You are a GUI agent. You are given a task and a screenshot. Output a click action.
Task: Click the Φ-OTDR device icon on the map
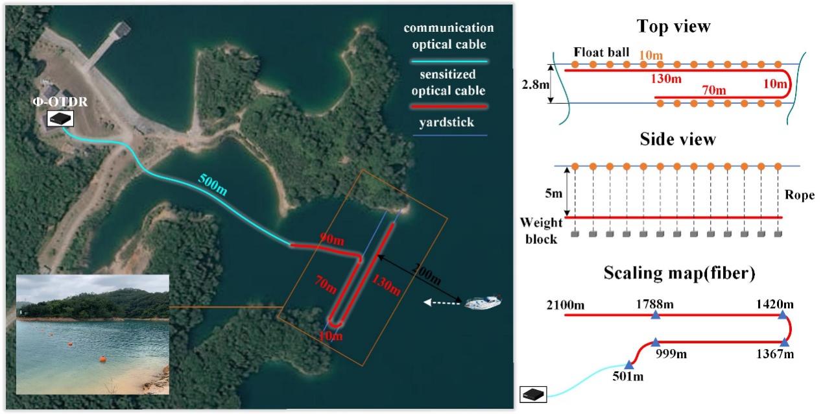(x=60, y=118)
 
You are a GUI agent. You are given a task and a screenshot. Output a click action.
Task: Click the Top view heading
(x=673, y=27)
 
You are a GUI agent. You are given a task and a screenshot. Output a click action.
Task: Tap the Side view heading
(x=677, y=140)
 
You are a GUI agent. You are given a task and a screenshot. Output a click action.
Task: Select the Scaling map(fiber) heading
(x=679, y=273)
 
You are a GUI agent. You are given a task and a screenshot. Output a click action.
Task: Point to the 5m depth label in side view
(x=555, y=193)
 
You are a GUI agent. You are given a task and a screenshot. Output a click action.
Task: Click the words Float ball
(x=601, y=51)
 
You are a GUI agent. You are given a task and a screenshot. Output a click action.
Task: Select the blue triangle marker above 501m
(x=628, y=365)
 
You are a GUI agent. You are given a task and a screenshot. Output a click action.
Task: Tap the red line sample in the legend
(x=447, y=105)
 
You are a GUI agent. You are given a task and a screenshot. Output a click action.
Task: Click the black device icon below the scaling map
(x=533, y=393)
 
